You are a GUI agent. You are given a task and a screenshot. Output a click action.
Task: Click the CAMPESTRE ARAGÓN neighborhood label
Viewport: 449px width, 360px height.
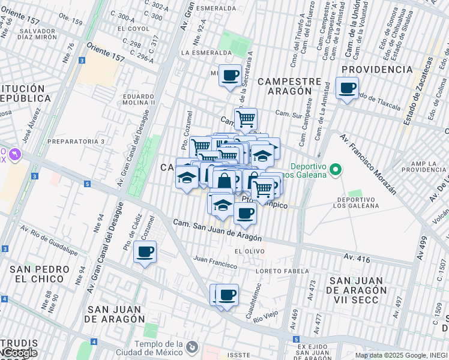(285, 86)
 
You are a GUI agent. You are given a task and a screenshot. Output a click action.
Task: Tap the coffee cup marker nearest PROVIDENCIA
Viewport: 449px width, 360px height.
(347, 89)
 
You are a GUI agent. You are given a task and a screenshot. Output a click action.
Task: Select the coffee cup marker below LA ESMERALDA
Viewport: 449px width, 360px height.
(230, 76)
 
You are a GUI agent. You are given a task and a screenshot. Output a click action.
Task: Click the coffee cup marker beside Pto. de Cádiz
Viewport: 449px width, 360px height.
(145, 253)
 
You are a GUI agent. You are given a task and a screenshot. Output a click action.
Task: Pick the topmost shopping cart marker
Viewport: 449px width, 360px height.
(246, 119)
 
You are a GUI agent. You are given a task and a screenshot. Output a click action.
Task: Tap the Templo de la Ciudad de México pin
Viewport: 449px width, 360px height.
(191, 347)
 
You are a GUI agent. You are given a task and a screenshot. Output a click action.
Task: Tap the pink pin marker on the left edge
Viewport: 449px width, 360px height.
(14, 154)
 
